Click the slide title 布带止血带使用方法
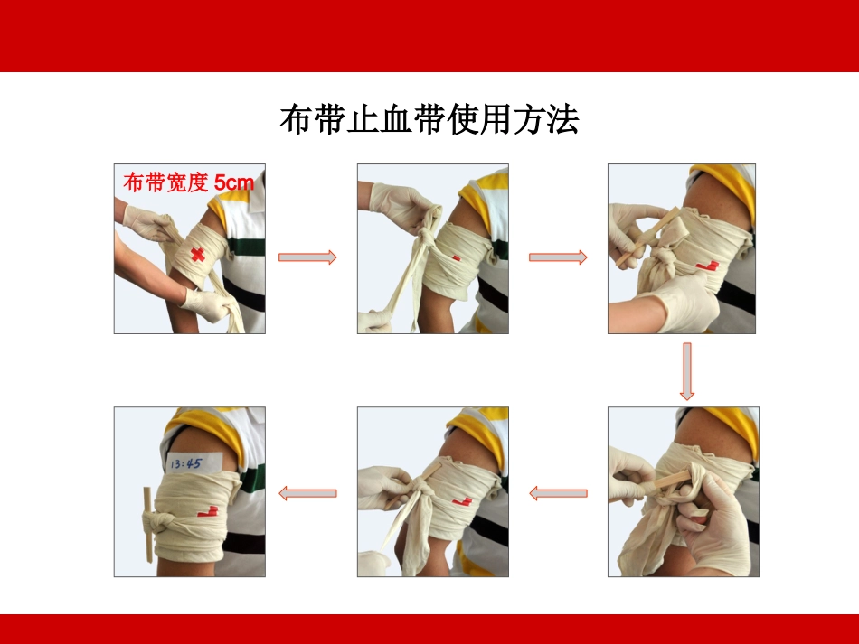(429, 119)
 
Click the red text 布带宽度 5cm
(189, 182)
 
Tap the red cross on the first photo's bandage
(197, 255)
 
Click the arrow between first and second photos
(307, 257)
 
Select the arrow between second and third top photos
(558, 257)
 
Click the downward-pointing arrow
(687, 371)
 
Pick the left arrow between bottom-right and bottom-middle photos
(558, 493)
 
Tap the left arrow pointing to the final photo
(307, 493)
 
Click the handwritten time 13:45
(186, 464)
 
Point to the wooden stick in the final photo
(148, 524)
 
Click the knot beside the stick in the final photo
(162, 523)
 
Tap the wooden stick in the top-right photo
(647, 238)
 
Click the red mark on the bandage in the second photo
(456, 257)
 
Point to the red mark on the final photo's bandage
(208, 512)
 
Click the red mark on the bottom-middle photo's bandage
(462, 501)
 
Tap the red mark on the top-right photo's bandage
(707, 266)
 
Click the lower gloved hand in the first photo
(207, 303)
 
